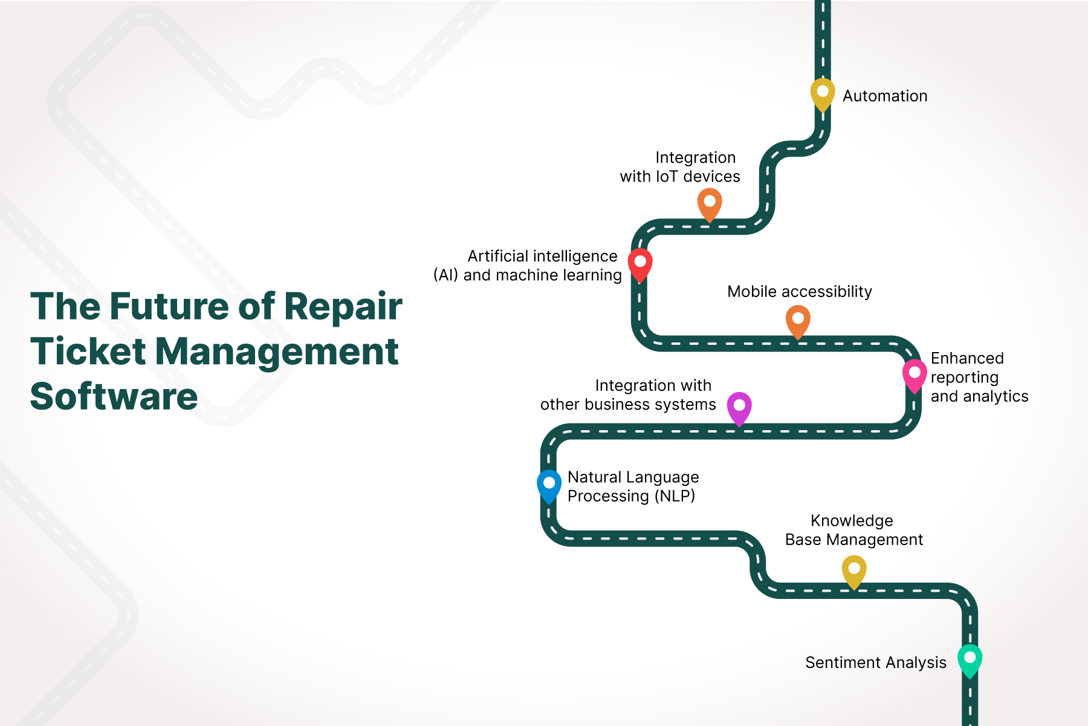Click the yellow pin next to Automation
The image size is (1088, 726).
[x=822, y=93]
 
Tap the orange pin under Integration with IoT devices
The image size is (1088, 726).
[x=710, y=203]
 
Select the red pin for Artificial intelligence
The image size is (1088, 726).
[x=640, y=264]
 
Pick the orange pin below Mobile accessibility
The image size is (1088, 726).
[x=798, y=320]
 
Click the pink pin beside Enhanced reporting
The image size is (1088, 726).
[x=915, y=374]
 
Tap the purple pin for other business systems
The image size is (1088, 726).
[x=739, y=407]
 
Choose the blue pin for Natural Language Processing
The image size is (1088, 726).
[x=549, y=485]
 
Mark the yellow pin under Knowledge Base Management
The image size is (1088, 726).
[x=853, y=571]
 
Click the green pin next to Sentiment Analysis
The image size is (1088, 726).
[x=970, y=659]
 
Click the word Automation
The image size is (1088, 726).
[x=885, y=96]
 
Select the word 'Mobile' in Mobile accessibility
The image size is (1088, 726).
[x=751, y=292]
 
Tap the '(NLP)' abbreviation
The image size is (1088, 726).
[x=675, y=496]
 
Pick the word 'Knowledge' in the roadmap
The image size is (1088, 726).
[x=852, y=521]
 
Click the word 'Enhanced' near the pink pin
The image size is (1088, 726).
[x=967, y=358]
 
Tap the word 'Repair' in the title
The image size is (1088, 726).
[x=343, y=307]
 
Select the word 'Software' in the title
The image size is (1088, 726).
[x=114, y=397]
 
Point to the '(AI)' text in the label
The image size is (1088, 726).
[x=445, y=275]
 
